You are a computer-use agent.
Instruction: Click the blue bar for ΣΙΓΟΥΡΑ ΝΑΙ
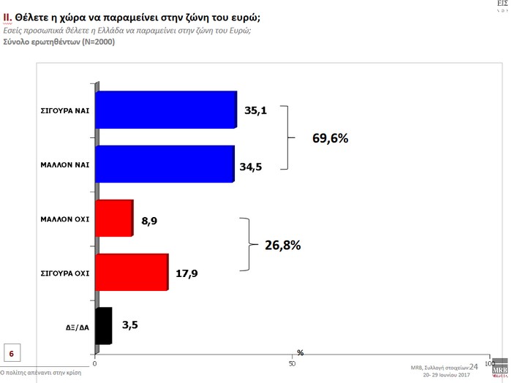click(x=166, y=110)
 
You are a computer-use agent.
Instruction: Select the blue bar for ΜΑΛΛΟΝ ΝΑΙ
click(x=165, y=164)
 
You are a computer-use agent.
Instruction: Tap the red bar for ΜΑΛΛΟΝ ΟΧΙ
click(x=114, y=218)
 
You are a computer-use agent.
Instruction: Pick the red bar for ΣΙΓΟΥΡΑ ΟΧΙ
click(x=132, y=272)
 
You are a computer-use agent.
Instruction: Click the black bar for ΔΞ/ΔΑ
click(x=104, y=326)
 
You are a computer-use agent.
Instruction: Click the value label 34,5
click(x=250, y=167)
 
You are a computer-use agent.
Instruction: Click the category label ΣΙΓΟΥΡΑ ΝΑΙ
click(x=66, y=110)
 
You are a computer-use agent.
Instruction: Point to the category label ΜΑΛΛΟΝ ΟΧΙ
click(x=66, y=218)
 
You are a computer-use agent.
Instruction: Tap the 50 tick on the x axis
click(x=292, y=363)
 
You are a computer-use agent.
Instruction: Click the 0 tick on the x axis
click(x=95, y=363)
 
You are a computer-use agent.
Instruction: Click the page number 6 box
click(x=12, y=354)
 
